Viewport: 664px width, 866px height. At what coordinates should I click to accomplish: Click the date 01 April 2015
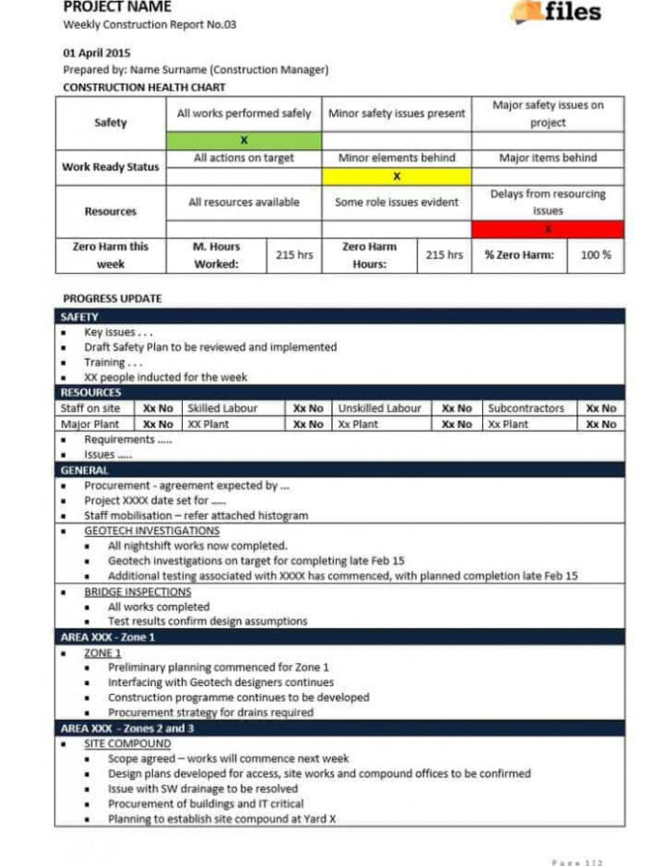[96, 53]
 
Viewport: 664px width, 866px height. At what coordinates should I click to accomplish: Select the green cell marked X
[243, 140]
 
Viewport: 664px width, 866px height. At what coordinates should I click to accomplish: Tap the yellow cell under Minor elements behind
[396, 176]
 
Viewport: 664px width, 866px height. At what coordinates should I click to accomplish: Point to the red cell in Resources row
[548, 229]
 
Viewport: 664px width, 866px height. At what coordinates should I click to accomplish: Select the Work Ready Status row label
[111, 166]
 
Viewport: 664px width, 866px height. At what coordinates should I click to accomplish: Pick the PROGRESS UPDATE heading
[113, 298]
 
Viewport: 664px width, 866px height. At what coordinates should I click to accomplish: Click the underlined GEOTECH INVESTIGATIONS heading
[151, 530]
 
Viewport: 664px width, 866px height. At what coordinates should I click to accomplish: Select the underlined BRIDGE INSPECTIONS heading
[138, 592]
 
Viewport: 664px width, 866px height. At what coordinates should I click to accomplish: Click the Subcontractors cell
[525, 408]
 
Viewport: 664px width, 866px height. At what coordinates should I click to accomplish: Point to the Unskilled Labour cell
[379, 408]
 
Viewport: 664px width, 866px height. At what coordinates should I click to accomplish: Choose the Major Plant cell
[90, 423]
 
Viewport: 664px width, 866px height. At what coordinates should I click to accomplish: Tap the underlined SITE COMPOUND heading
[127, 744]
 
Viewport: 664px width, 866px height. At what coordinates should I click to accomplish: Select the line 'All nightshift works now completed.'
[197, 546]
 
